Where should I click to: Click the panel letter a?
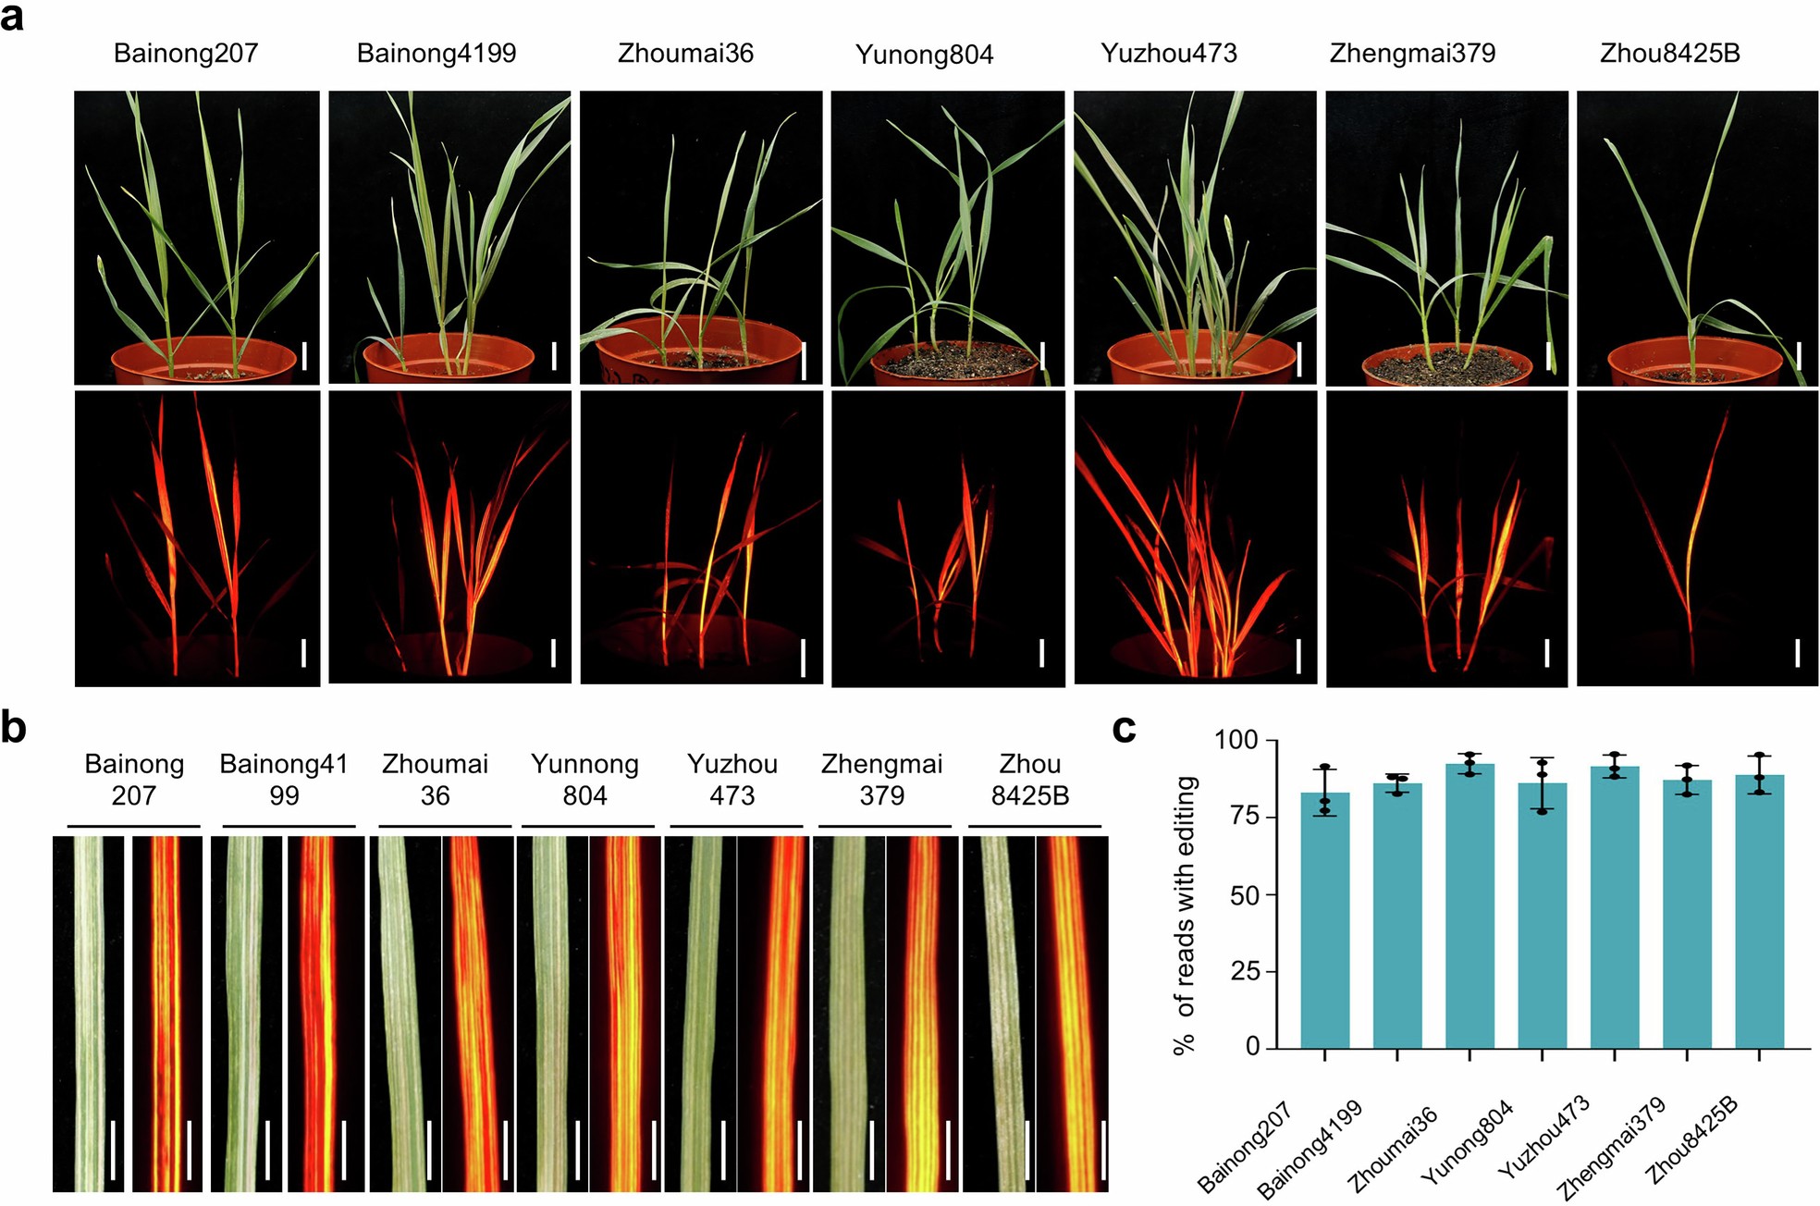coord(13,17)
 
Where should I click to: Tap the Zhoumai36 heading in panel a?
coord(685,54)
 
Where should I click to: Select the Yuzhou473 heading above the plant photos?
coord(1169,54)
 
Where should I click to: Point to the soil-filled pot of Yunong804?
coord(953,363)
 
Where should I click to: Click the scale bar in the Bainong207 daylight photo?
coord(304,356)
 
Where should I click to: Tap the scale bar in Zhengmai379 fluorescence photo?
coord(1547,653)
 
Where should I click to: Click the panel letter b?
coord(13,728)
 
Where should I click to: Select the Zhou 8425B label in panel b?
coord(1030,780)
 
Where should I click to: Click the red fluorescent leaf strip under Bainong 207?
coord(167,1013)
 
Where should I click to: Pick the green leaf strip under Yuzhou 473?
coord(701,1013)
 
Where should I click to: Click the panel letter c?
coord(1124,729)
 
